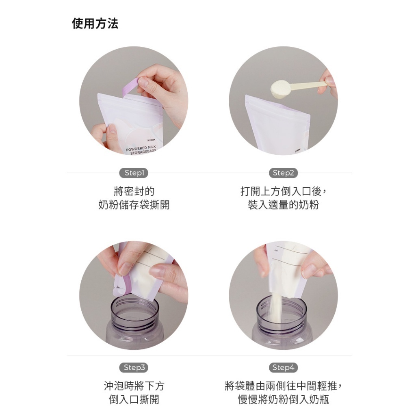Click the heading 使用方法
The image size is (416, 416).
click(95, 24)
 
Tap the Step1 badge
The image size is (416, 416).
click(134, 173)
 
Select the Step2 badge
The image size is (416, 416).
click(283, 173)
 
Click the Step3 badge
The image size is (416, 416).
click(134, 367)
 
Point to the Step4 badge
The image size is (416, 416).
click(283, 367)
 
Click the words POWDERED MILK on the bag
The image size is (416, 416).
click(141, 148)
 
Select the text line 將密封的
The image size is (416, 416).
click(134, 191)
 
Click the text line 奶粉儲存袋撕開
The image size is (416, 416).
click(134, 205)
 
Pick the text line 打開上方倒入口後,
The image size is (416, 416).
click(283, 191)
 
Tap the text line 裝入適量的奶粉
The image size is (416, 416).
click(283, 205)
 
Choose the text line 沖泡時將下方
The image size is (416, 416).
click(134, 386)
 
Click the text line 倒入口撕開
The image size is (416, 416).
click(134, 399)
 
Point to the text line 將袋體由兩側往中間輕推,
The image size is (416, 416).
click(283, 386)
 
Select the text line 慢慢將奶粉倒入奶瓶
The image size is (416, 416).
click(283, 399)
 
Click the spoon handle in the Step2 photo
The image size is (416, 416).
click(309, 85)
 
